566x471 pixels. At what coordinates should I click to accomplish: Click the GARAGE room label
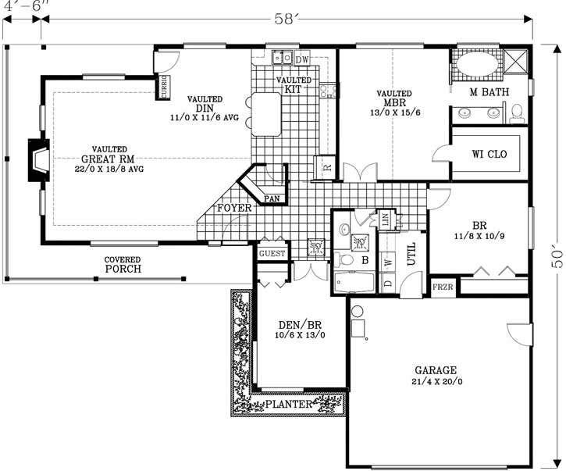click(x=436, y=369)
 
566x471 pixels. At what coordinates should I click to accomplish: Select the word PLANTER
click(x=289, y=404)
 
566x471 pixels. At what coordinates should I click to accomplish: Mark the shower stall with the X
click(x=516, y=61)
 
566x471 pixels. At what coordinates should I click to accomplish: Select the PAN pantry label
click(x=272, y=198)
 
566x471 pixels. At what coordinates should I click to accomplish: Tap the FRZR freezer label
click(x=442, y=288)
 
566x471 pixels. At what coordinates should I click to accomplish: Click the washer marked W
click(x=389, y=263)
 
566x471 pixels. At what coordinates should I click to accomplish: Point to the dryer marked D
click(x=389, y=284)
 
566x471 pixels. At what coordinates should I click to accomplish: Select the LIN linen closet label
click(x=384, y=220)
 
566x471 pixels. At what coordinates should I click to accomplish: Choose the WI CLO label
click(x=489, y=154)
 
